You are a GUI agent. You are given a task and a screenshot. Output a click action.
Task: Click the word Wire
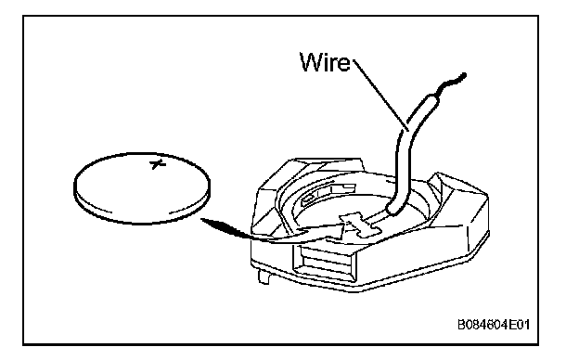325,62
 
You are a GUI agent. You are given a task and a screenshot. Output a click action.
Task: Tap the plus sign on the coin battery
158,164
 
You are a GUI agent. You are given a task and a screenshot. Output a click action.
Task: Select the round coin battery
142,188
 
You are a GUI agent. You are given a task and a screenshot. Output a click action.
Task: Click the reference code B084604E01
494,325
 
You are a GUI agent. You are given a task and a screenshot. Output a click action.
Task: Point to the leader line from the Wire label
380,95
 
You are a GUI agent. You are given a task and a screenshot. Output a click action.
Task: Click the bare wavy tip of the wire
453,84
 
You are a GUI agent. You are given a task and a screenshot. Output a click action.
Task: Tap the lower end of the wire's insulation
394,210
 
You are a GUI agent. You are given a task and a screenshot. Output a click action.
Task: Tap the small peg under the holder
264,276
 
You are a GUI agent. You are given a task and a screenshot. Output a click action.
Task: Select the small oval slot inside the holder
309,199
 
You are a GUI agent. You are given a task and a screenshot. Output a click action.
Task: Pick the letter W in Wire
312,62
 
